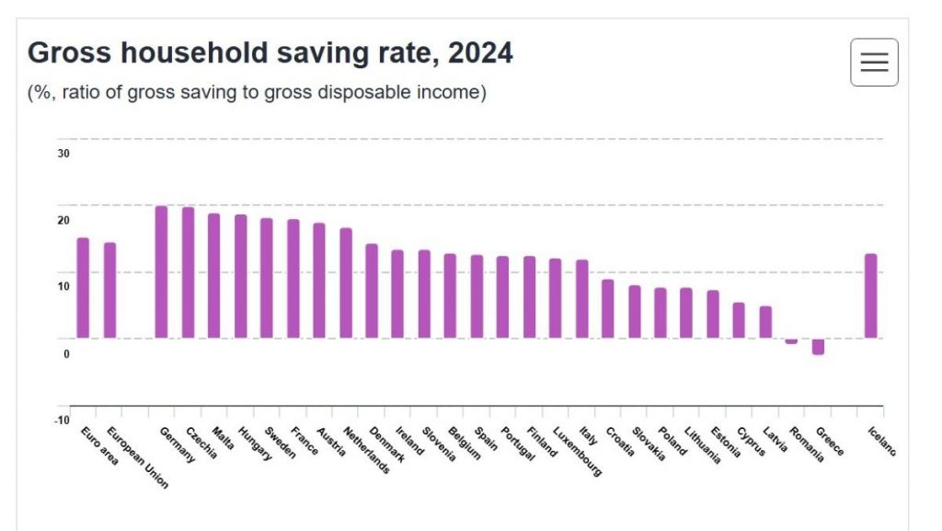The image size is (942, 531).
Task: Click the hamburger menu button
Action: pos(874,63)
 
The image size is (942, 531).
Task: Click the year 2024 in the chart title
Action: pos(480,53)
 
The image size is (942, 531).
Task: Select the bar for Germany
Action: pos(161,271)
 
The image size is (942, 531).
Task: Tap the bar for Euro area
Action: pos(83,287)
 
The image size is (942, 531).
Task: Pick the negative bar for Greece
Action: pos(818,346)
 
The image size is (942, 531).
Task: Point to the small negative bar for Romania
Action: pos(791,341)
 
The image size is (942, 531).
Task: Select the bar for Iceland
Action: pos(870,295)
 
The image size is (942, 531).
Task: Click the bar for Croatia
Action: pos(608,308)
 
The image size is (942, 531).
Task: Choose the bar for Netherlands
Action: pos(346,283)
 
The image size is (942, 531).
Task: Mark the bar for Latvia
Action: pos(765,321)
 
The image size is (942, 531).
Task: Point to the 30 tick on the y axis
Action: pos(63,154)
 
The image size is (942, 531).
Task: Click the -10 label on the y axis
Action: pos(62,421)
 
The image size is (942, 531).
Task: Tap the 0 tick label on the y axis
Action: pos(66,353)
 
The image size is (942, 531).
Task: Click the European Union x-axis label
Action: pos(138,457)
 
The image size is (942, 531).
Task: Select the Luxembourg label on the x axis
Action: pos(578,451)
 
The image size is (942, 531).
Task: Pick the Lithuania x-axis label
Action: pos(703,445)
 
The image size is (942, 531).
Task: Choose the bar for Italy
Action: pos(582,298)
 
